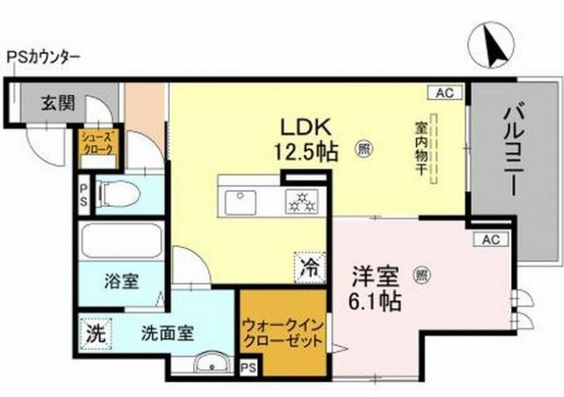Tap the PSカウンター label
point(44,57)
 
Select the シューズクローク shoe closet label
point(97,143)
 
